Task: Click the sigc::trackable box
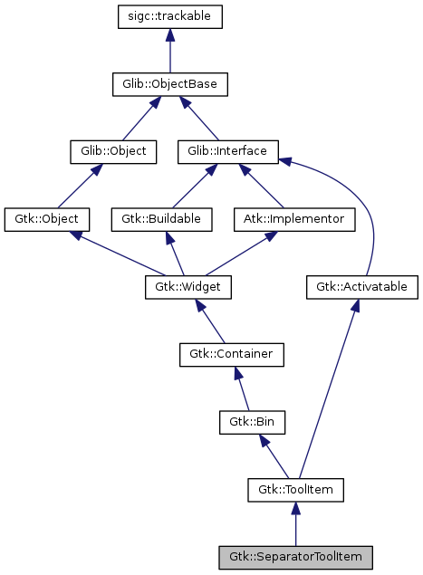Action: pyautogui.click(x=170, y=16)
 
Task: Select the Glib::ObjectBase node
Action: pyautogui.click(x=169, y=84)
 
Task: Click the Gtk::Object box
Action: pyautogui.click(x=47, y=219)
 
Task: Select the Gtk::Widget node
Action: pyautogui.click(x=188, y=287)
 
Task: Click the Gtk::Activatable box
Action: pyautogui.click(x=361, y=287)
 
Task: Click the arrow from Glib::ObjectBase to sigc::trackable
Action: pyautogui.click(x=170, y=51)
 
